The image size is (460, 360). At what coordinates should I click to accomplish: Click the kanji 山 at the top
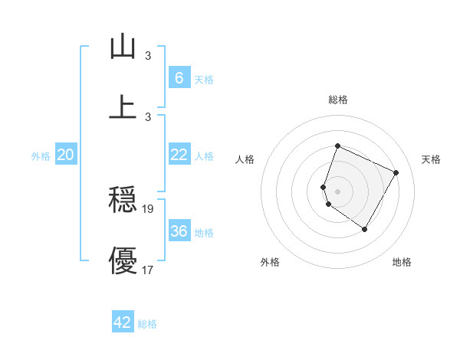point(123,47)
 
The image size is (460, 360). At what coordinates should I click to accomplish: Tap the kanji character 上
point(123,106)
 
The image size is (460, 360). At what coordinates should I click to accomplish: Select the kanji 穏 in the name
point(123,201)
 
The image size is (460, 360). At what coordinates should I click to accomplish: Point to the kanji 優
point(123,260)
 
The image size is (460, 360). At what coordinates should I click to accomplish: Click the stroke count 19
point(148,208)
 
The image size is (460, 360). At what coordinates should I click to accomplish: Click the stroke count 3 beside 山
point(148,55)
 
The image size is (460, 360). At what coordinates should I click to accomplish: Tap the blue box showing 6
point(179,78)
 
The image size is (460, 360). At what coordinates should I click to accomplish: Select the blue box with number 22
point(179,155)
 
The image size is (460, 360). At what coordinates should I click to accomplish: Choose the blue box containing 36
point(179,231)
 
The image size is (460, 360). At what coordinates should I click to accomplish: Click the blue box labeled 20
point(65,155)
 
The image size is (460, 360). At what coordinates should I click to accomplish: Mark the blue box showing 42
point(123,322)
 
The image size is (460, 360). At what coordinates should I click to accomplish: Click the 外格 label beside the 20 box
point(41,156)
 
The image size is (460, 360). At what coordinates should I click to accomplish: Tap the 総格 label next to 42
point(147,324)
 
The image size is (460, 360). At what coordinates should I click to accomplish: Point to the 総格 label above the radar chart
point(337,100)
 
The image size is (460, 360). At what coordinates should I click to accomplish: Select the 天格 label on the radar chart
point(431,159)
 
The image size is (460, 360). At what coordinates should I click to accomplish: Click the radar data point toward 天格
point(396,172)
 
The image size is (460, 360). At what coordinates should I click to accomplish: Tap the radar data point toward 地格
point(365,229)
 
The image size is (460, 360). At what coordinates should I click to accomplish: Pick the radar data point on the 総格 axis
point(337,146)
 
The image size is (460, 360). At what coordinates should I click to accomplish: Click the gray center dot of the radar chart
point(337,191)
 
